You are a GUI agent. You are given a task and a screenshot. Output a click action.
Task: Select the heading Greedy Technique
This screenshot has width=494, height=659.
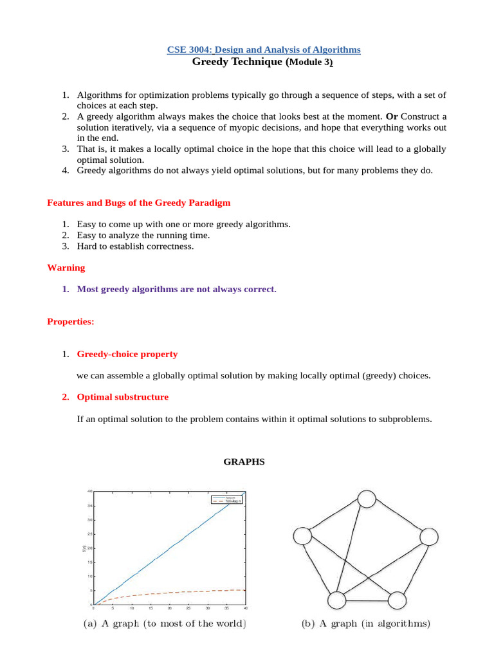pyautogui.click(x=237, y=62)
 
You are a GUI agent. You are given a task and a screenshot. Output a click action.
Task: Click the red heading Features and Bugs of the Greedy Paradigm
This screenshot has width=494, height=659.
pyautogui.click(x=138, y=203)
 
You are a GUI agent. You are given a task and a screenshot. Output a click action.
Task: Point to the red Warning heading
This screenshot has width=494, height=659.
pyautogui.click(x=66, y=267)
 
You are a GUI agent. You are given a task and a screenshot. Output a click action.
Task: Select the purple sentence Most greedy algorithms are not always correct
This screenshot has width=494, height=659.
pyautogui.click(x=176, y=289)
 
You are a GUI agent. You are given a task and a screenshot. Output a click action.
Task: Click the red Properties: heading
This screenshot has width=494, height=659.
pyautogui.click(x=71, y=322)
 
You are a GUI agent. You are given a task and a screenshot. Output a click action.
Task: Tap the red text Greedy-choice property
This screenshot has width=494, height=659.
pyautogui.click(x=127, y=354)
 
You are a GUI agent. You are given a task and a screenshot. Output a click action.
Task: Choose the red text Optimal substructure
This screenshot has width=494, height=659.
pyautogui.click(x=123, y=397)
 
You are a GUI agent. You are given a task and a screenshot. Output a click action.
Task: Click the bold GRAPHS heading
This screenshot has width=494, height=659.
pyautogui.click(x=244, y=461)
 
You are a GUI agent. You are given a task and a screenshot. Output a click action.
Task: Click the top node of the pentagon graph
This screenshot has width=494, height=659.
pyautogui.click(x=366, y=499)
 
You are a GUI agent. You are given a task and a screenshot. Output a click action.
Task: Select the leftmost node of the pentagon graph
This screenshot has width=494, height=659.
pyautogui.click(x=302, y=536)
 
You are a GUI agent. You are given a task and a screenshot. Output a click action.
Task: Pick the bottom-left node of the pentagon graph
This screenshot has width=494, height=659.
pyautogui.click(x=337, y=600)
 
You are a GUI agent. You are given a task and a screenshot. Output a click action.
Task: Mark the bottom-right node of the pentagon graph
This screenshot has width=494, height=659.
pyautogui.click(x=397, y=600)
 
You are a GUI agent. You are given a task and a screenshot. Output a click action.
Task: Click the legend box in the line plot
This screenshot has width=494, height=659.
pyautogui.click(x=225, y=499)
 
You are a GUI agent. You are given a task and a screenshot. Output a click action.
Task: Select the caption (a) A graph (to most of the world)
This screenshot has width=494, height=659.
pyautogui.click(x=165, y=624)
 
